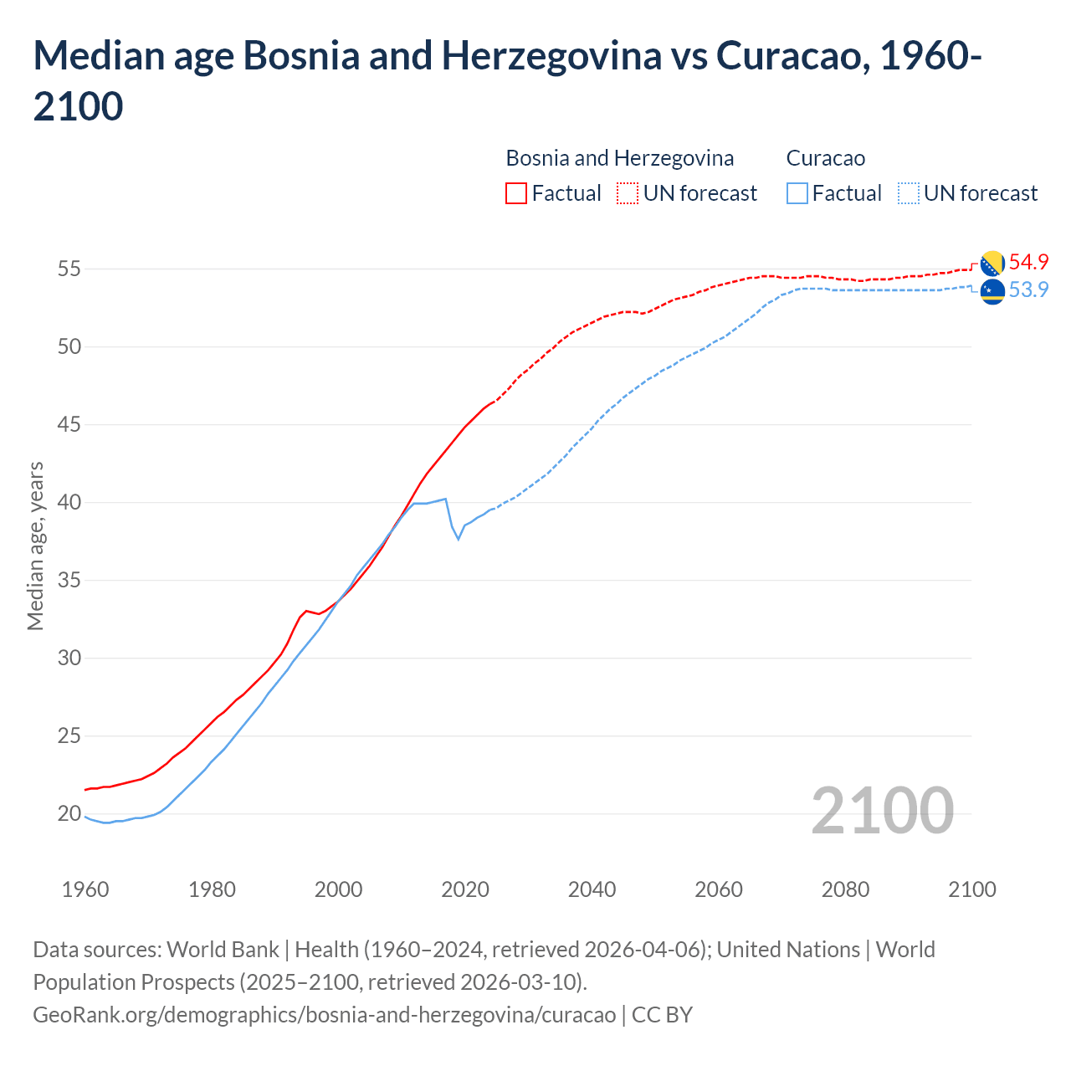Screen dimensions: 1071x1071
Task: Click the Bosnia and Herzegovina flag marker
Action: [992, 264]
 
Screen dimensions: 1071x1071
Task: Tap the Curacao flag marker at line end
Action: [992, 292]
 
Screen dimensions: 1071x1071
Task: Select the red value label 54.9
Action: [1028, 262]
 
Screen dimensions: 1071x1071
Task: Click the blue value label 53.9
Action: [1028, 290]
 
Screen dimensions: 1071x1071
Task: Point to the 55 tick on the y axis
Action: [69, 269]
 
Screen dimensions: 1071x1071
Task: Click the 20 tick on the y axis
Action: [69, 813]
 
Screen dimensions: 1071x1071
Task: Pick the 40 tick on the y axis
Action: [69, 502]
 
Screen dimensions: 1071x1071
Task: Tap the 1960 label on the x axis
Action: [85, 889]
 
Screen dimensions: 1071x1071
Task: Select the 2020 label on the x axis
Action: [465, 889]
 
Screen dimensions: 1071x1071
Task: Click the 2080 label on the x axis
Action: [845, 889]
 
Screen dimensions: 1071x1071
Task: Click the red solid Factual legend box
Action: [516, 193]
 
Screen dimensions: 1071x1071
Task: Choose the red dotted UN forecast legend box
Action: [628, 193]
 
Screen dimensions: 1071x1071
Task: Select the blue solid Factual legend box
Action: [797, 193]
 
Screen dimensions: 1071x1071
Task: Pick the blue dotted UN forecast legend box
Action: [909, 193]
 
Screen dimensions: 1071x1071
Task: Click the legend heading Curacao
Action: [825, 158]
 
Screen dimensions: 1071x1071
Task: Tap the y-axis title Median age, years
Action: [35, 546]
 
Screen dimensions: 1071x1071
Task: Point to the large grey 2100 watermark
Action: [882, 810]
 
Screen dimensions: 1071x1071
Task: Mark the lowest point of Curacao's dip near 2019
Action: [458, 538]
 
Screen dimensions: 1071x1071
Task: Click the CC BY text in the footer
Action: [662, 1014]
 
